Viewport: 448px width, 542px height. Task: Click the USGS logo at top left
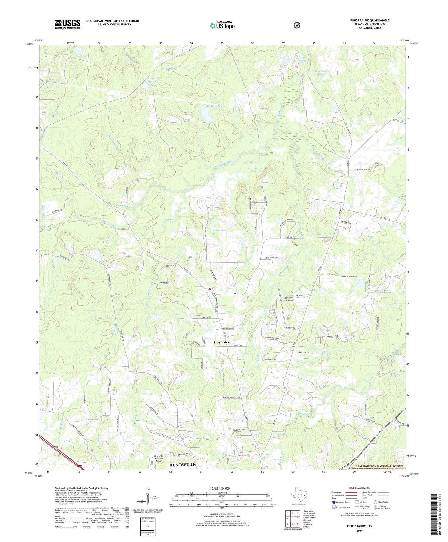pyautogui.click(x=68, y=24)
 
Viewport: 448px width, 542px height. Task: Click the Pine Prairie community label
pyautogui.click(x=222, y=342)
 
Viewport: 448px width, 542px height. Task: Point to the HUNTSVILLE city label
pyautogui.click(x=182, y=465)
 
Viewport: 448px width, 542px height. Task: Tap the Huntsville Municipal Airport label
pyautogui.click(x=159, y=458)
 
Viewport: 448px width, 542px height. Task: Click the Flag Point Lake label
pyautogui.click(x=321, y=73)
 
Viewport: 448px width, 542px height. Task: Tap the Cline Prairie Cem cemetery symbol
pyautogui.click(x=375, y=168)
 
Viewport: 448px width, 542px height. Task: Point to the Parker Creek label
pyautogui.click(x=304, y=415)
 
